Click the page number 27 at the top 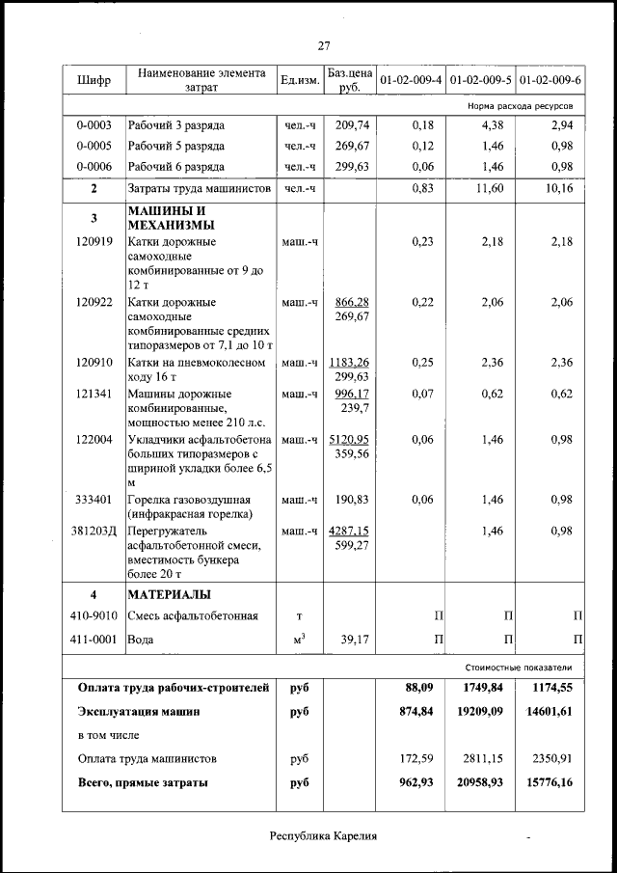[324, 45]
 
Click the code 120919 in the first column [94, 241]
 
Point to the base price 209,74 [352, 125]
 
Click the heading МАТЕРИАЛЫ [170, 594]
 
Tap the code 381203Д [94, 531]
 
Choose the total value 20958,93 [481, 782]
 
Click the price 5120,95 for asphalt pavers [349, 439]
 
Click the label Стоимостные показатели [519, 667]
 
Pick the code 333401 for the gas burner [94, 500]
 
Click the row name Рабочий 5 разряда [176, 146]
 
